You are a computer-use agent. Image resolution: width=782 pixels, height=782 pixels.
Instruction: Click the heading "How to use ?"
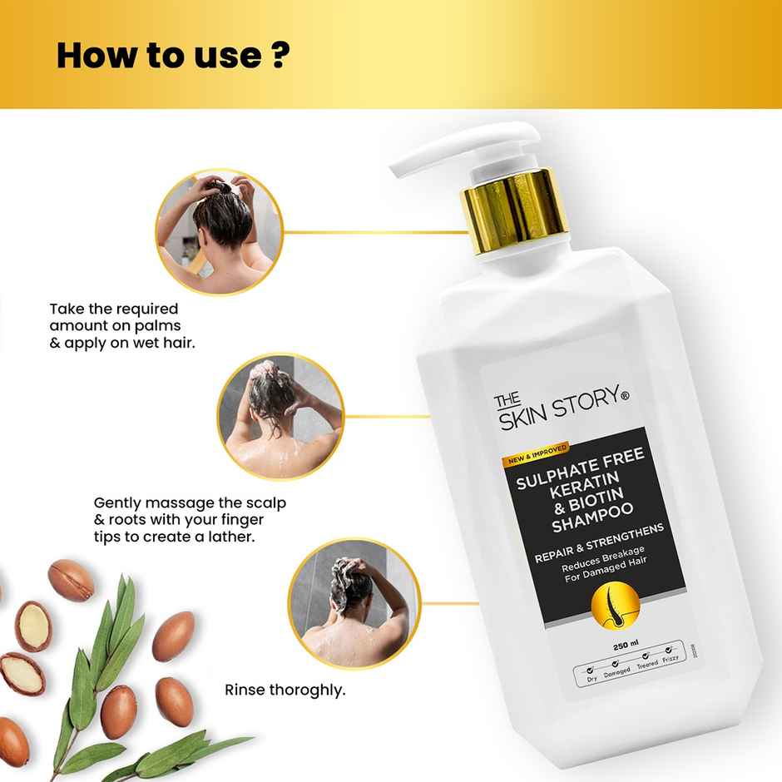pyautogui.click(x=173, y=55)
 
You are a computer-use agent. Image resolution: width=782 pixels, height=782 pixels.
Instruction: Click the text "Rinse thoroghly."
pyautogui.click(x=285, y=690)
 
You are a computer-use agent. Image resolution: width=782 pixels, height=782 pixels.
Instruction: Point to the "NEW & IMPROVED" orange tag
pyautogui.click(x=535, y=453)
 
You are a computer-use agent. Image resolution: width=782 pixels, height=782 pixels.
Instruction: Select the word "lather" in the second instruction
pyautogui.click(x=228, y=537)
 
